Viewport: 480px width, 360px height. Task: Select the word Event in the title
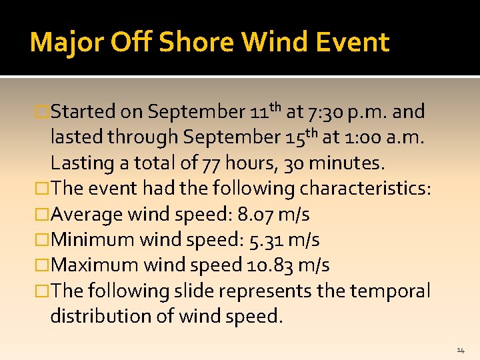353,43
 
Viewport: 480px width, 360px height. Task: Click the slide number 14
461,350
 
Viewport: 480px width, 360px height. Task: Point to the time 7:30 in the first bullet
325,111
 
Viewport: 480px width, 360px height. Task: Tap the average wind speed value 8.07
255,215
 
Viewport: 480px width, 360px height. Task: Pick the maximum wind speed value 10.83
269,265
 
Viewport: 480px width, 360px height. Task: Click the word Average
87,215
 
